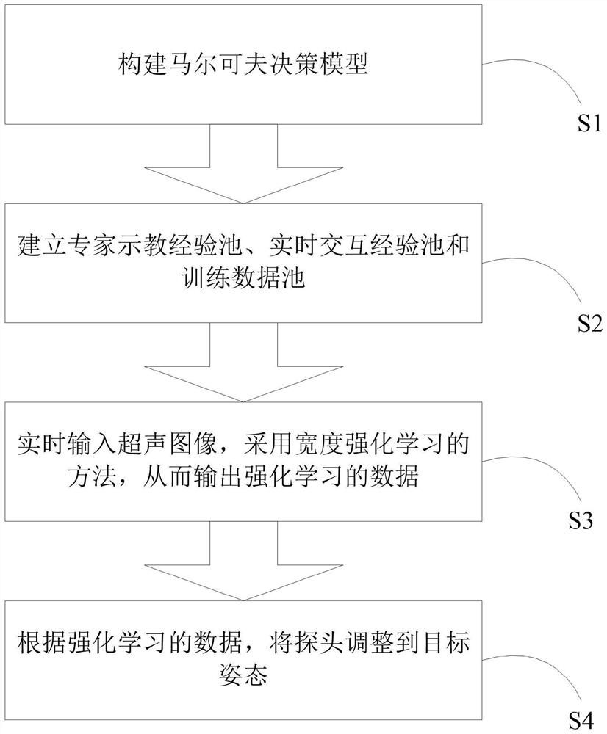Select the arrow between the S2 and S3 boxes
click(x=244, y=363)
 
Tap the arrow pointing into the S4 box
click(x=244, y=561)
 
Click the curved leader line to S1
click(x=544, y=77)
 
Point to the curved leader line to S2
click(x=544, y=275)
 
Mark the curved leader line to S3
click(x=544, y=473)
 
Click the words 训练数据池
click(x=244, y=279)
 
